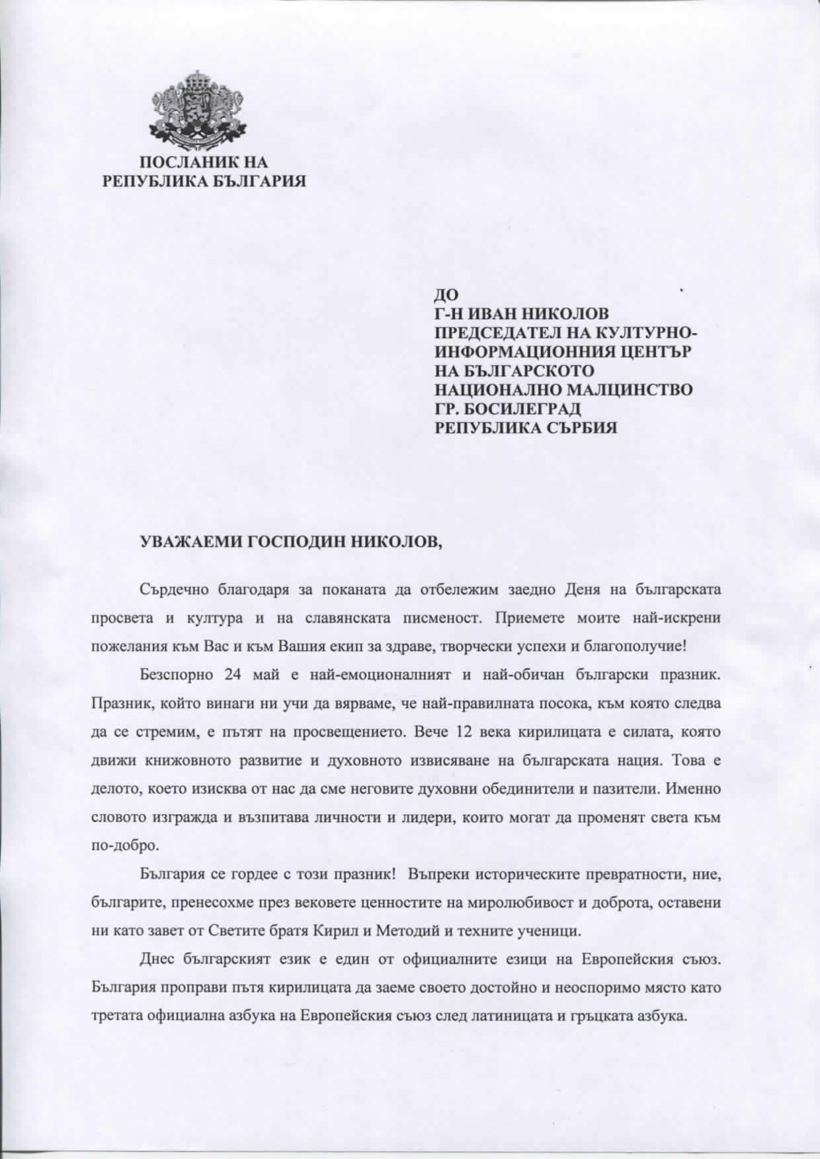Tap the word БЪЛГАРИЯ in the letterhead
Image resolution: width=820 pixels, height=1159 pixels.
point(255,180)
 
